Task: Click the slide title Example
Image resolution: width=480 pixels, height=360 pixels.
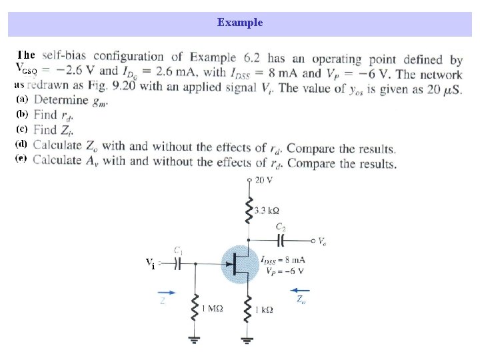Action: pyautogui.click(x=240, y=23)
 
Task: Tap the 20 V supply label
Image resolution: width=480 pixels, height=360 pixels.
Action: pyautogui.click(x=264, y=180)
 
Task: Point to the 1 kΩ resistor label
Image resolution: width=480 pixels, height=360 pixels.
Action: pyautogui.click(x=263, y=310)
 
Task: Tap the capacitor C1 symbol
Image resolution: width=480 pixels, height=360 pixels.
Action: pyautogui.click(x=177, y=263)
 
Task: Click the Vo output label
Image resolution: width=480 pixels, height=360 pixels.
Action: pyautogui.click(x=322, y=241)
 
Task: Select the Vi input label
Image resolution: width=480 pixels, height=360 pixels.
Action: pyautogui.click(x=151, y=263)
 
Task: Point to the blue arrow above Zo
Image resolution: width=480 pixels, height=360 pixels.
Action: pyautogui.click(x=301, y=290)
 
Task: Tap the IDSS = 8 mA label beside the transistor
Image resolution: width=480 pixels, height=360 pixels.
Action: pyautogui.click(x=283, y=259)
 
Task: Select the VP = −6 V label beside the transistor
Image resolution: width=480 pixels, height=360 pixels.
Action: pyautogui.click(x=284, y=271)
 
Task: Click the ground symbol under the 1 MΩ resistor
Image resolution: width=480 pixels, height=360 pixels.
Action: pyautogui.click(x=195, y=341)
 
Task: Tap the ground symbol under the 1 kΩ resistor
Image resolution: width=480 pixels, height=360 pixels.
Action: pyautogui.click(x=249, y=341)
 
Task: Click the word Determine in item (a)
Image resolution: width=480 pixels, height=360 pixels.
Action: pyautogui.click(x=61, y=100)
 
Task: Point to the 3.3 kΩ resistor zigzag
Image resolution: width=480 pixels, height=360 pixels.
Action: pyautogui.click(x=249, y=209)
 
